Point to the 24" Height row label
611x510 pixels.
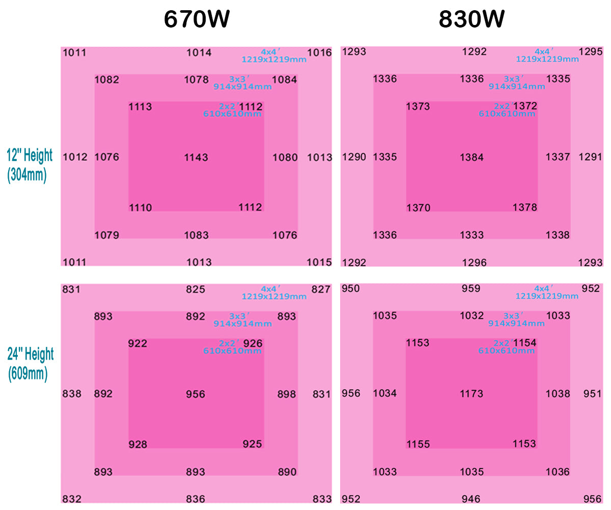30,364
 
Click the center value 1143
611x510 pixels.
196,157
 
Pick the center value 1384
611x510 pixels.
471,157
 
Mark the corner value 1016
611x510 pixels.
319,53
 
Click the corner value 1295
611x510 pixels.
591,52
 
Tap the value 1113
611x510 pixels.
140,107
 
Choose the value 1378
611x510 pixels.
524,208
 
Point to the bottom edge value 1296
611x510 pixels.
474,263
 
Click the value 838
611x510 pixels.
72,394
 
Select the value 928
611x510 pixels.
137,444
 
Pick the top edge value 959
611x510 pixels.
470,289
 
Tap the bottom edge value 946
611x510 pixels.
470,499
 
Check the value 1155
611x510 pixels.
418,444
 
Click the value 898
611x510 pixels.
287,394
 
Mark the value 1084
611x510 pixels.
285,80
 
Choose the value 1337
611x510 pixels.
558,157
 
